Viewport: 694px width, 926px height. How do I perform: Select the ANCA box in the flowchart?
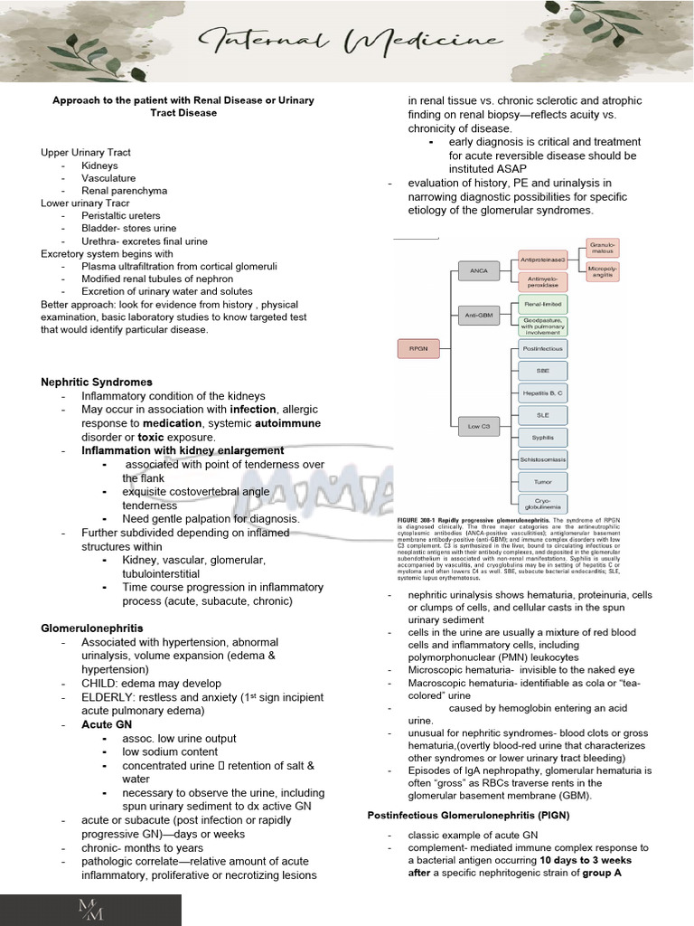click(478, 270)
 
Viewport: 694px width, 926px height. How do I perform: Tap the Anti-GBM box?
click(478, 314)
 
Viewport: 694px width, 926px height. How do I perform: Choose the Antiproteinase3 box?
click(543, 260)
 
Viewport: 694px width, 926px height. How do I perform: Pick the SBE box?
click(543, 370)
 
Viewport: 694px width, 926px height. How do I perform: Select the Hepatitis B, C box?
click(543, 392)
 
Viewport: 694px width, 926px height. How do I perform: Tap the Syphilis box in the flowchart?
click(543, 437)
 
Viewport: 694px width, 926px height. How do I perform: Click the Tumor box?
click(543, 481)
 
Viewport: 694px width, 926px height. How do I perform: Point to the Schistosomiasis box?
click(543, 459)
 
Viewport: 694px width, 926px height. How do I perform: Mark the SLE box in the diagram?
click(543, 415)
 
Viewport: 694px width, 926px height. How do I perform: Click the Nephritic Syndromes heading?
click(97, 383)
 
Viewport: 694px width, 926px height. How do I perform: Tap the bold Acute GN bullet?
click(100, 725)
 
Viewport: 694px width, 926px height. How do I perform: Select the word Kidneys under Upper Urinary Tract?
click(99, 165)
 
